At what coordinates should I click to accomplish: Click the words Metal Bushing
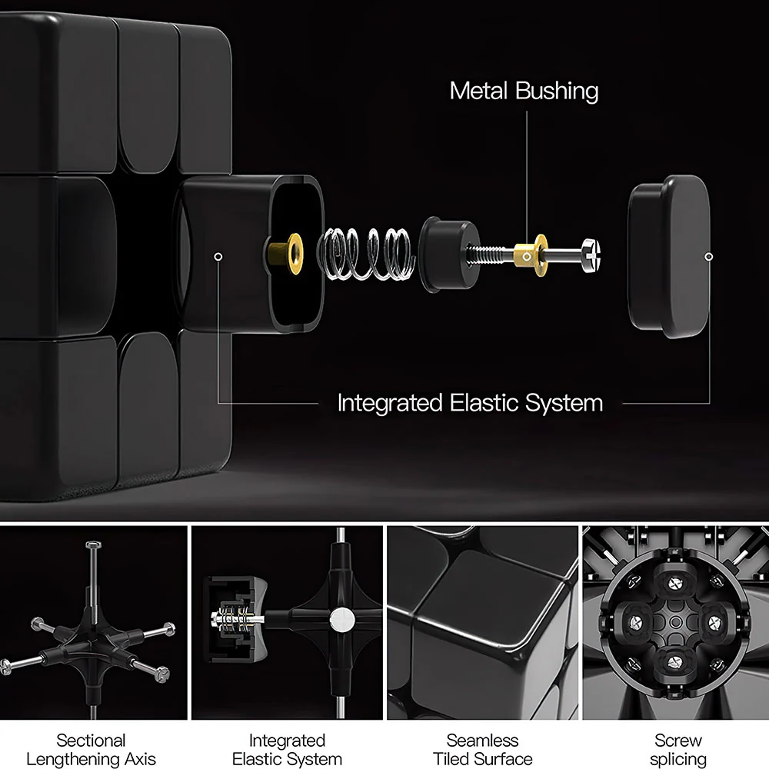[524, 92]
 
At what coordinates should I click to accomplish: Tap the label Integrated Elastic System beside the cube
[470, 403]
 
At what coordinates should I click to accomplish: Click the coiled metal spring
[366, 254]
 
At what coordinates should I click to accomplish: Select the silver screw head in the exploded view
[591, 255]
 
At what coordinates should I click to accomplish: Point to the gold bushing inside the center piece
[286, 253]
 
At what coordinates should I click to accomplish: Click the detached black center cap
[669, 256]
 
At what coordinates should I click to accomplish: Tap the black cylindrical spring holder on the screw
[448, 254]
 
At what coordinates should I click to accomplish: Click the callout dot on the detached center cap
[708, 257]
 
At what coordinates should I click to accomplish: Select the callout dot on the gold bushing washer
[527, 257]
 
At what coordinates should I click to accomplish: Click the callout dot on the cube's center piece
[218, 257]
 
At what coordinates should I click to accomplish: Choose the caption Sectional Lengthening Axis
[92, 749]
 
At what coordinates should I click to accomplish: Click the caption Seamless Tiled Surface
[483, 749]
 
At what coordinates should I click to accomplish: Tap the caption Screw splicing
[678, 749]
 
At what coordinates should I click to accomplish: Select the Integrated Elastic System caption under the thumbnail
[287, 749]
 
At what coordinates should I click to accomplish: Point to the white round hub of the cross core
[342, 620]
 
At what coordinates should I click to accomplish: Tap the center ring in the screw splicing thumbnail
[675, 622]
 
